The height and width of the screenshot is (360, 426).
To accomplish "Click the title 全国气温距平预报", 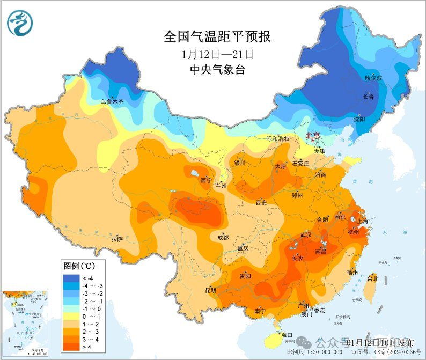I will coord(217,37).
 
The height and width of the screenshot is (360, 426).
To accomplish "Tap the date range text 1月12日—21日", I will coord(217,54).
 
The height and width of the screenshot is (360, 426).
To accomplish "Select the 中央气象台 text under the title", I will coord(217,70).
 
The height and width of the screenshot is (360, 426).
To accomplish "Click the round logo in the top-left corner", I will coord(20,24).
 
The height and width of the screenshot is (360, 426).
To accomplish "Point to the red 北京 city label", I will coord(313,136).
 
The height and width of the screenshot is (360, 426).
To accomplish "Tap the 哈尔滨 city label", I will coord(373,78).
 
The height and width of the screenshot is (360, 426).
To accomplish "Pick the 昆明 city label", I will coord(210,290).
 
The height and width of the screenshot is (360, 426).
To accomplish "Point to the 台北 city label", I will coord(373,279).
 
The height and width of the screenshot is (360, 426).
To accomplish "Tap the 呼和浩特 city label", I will coord(278,138).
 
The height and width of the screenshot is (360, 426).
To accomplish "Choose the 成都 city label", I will coord(223,237).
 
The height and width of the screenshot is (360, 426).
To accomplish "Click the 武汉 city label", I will coord(306,235).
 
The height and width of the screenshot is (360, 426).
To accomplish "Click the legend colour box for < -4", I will coord(71,278).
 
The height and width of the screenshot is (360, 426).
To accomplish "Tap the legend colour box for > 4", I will coord(71,348).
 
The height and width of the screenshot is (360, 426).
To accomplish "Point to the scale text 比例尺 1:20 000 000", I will coord(314,352).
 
